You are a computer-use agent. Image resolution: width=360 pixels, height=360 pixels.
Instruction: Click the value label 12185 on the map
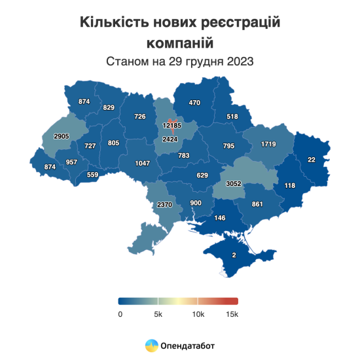click(x=171, y=125)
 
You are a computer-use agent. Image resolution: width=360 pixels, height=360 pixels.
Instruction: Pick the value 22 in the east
click(x=312, y=160)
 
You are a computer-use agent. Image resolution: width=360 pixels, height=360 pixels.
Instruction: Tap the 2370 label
click(x=164, y=205)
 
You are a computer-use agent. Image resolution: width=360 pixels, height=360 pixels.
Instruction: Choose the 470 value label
click(x=194, y=103)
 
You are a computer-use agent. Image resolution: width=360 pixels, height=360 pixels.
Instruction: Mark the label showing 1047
click(x=143, y=163)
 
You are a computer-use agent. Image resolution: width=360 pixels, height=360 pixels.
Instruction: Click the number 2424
click(x=170, y=139)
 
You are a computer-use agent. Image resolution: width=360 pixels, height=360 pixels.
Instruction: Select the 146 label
click(x=221, y=218)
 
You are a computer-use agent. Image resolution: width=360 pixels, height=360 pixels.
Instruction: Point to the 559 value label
click(x=92, y=175)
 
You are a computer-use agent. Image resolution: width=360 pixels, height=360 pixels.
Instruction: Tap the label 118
click(x=289, y=186)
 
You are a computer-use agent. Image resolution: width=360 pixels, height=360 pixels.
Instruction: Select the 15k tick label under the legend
click(x=232, y=314)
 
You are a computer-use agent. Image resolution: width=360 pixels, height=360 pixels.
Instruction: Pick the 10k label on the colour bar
click(x=198, y=314)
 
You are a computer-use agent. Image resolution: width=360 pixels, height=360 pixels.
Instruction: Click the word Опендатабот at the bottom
click(x=189, y=345)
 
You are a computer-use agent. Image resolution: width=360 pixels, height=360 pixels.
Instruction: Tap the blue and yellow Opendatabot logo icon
click(x=151, y=344)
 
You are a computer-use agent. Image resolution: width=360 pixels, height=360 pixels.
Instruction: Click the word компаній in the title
click(x=180, y=43)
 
